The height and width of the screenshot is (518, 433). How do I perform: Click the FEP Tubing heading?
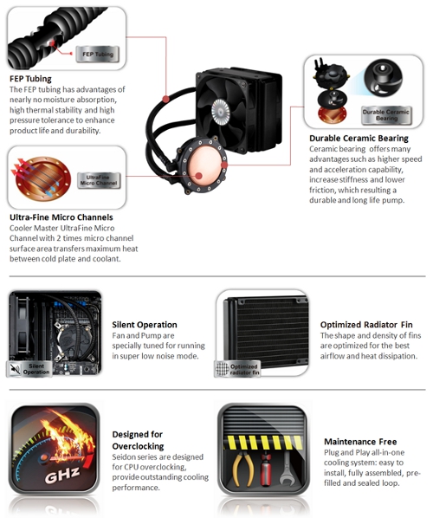click(30, 79)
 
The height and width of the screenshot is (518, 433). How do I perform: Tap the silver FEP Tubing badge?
click(97, 55)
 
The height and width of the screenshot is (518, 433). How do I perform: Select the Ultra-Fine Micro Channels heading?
click(61, 217)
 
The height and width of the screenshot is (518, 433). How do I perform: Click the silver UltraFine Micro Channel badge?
click(99, 180)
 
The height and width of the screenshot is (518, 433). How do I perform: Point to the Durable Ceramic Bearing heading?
click(359, 138)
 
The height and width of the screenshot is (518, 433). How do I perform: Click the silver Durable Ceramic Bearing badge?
click(386, 115)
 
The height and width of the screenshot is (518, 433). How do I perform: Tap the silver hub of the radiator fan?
click(220, 112)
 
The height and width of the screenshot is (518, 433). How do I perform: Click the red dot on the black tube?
click(166, 99)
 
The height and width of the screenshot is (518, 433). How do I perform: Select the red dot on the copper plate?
click(198, 176)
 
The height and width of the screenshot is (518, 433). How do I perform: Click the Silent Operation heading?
click(145, 325)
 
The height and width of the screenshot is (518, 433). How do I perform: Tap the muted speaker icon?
click(15, 369)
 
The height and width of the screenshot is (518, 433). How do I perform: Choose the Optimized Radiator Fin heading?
click(366, 325)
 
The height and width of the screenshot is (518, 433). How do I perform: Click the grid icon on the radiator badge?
click(222, 369)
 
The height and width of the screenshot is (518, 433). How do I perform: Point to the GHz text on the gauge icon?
click(62, 475)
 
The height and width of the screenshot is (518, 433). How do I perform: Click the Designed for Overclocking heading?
click(138, 440)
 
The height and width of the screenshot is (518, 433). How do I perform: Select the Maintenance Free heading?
click(360, 442)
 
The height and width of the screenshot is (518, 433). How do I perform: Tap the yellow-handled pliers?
click(242, 469)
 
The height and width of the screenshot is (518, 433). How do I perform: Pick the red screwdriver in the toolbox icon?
click(266, 469)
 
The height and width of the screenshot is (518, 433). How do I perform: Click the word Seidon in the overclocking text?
click(122, 456)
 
